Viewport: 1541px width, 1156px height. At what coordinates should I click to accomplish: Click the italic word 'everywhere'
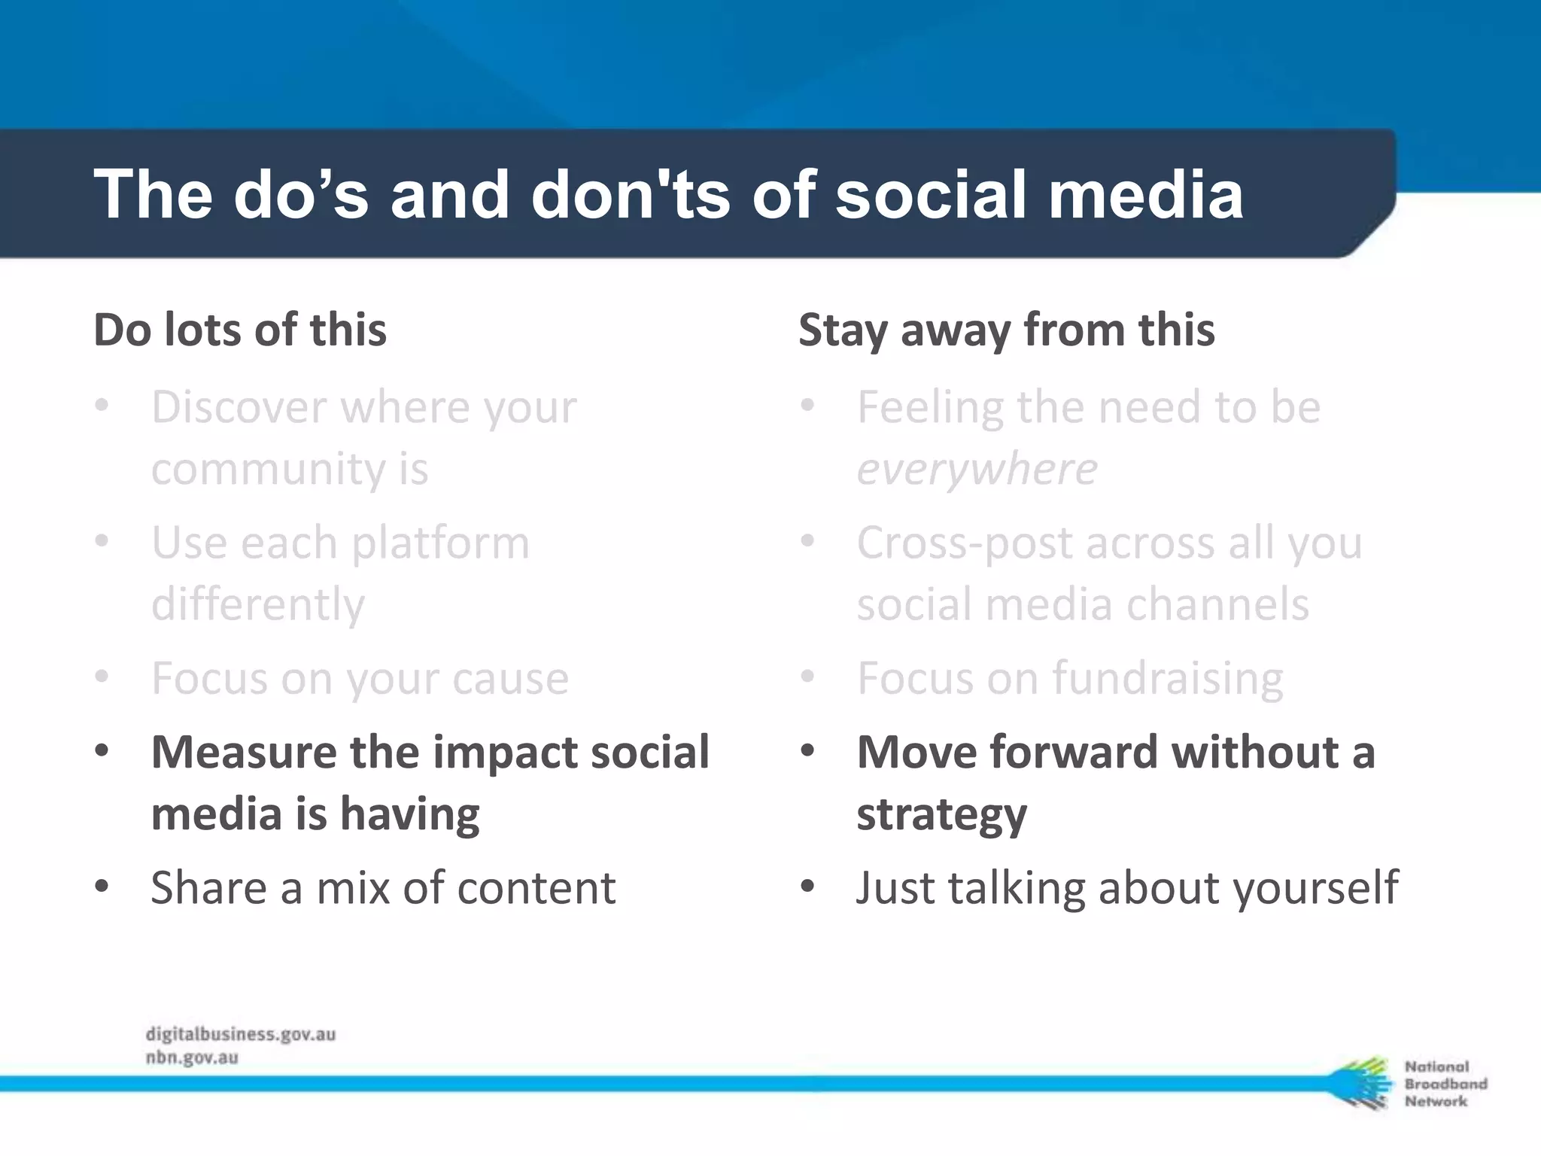click(977, 470)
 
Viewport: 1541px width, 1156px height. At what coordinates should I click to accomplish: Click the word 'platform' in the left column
click(440, 543)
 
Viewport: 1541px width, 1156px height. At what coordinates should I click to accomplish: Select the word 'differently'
click(257, 604)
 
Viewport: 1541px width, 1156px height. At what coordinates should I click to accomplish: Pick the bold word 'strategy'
click(941, 815)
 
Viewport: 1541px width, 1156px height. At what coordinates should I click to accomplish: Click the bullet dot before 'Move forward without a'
click(807, 750)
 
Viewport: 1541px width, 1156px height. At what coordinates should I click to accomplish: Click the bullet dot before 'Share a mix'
click(102, 886)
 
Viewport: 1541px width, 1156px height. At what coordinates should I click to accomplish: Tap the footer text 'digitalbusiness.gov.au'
click(240, 1034)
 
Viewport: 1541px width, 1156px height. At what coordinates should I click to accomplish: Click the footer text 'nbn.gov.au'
click(192, 1057)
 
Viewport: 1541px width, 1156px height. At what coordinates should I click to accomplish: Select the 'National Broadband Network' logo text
click(1445, 1084)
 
